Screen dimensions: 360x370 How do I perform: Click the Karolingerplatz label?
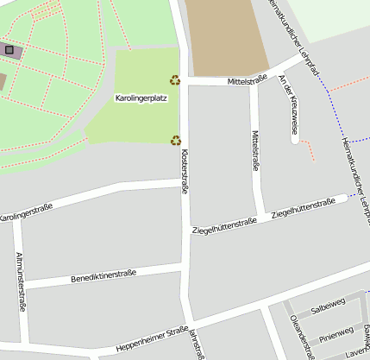coord(141,98)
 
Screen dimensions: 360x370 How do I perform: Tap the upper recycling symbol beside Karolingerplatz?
coord(175,80)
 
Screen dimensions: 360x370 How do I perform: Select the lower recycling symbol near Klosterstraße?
coord(175,140)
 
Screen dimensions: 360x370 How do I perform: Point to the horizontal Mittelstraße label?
coord(248,80)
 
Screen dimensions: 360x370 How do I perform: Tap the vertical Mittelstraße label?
coord(255,152)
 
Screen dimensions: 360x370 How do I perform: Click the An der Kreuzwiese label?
coord(288,104)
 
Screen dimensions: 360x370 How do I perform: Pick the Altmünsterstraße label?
coord(21,281)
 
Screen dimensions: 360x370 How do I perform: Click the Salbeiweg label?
coord(328,304)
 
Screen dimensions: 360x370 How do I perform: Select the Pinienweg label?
coord(336,332)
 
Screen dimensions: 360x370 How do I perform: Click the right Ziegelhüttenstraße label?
coord(303,208)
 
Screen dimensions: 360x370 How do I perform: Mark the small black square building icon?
coord(9,50)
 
